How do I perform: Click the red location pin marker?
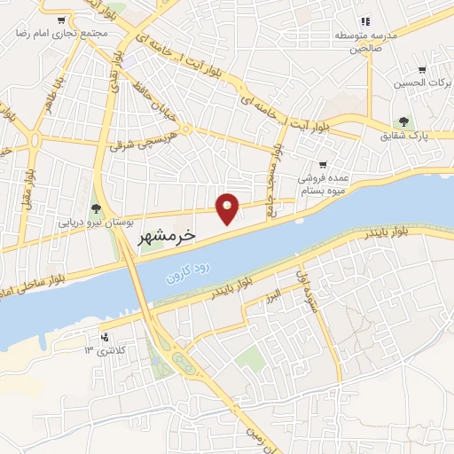[228, 207]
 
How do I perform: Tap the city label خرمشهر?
[168, 237]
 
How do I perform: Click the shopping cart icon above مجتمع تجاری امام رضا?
[60, 20]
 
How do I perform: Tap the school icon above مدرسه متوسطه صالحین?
[364, 21]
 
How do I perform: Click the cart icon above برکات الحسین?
[423, 70]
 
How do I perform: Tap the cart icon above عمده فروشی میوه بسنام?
[323, 165]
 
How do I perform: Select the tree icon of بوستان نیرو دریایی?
[96, 209]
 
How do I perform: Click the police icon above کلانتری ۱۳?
[106, 337]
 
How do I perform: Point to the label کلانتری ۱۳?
[102, 350]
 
